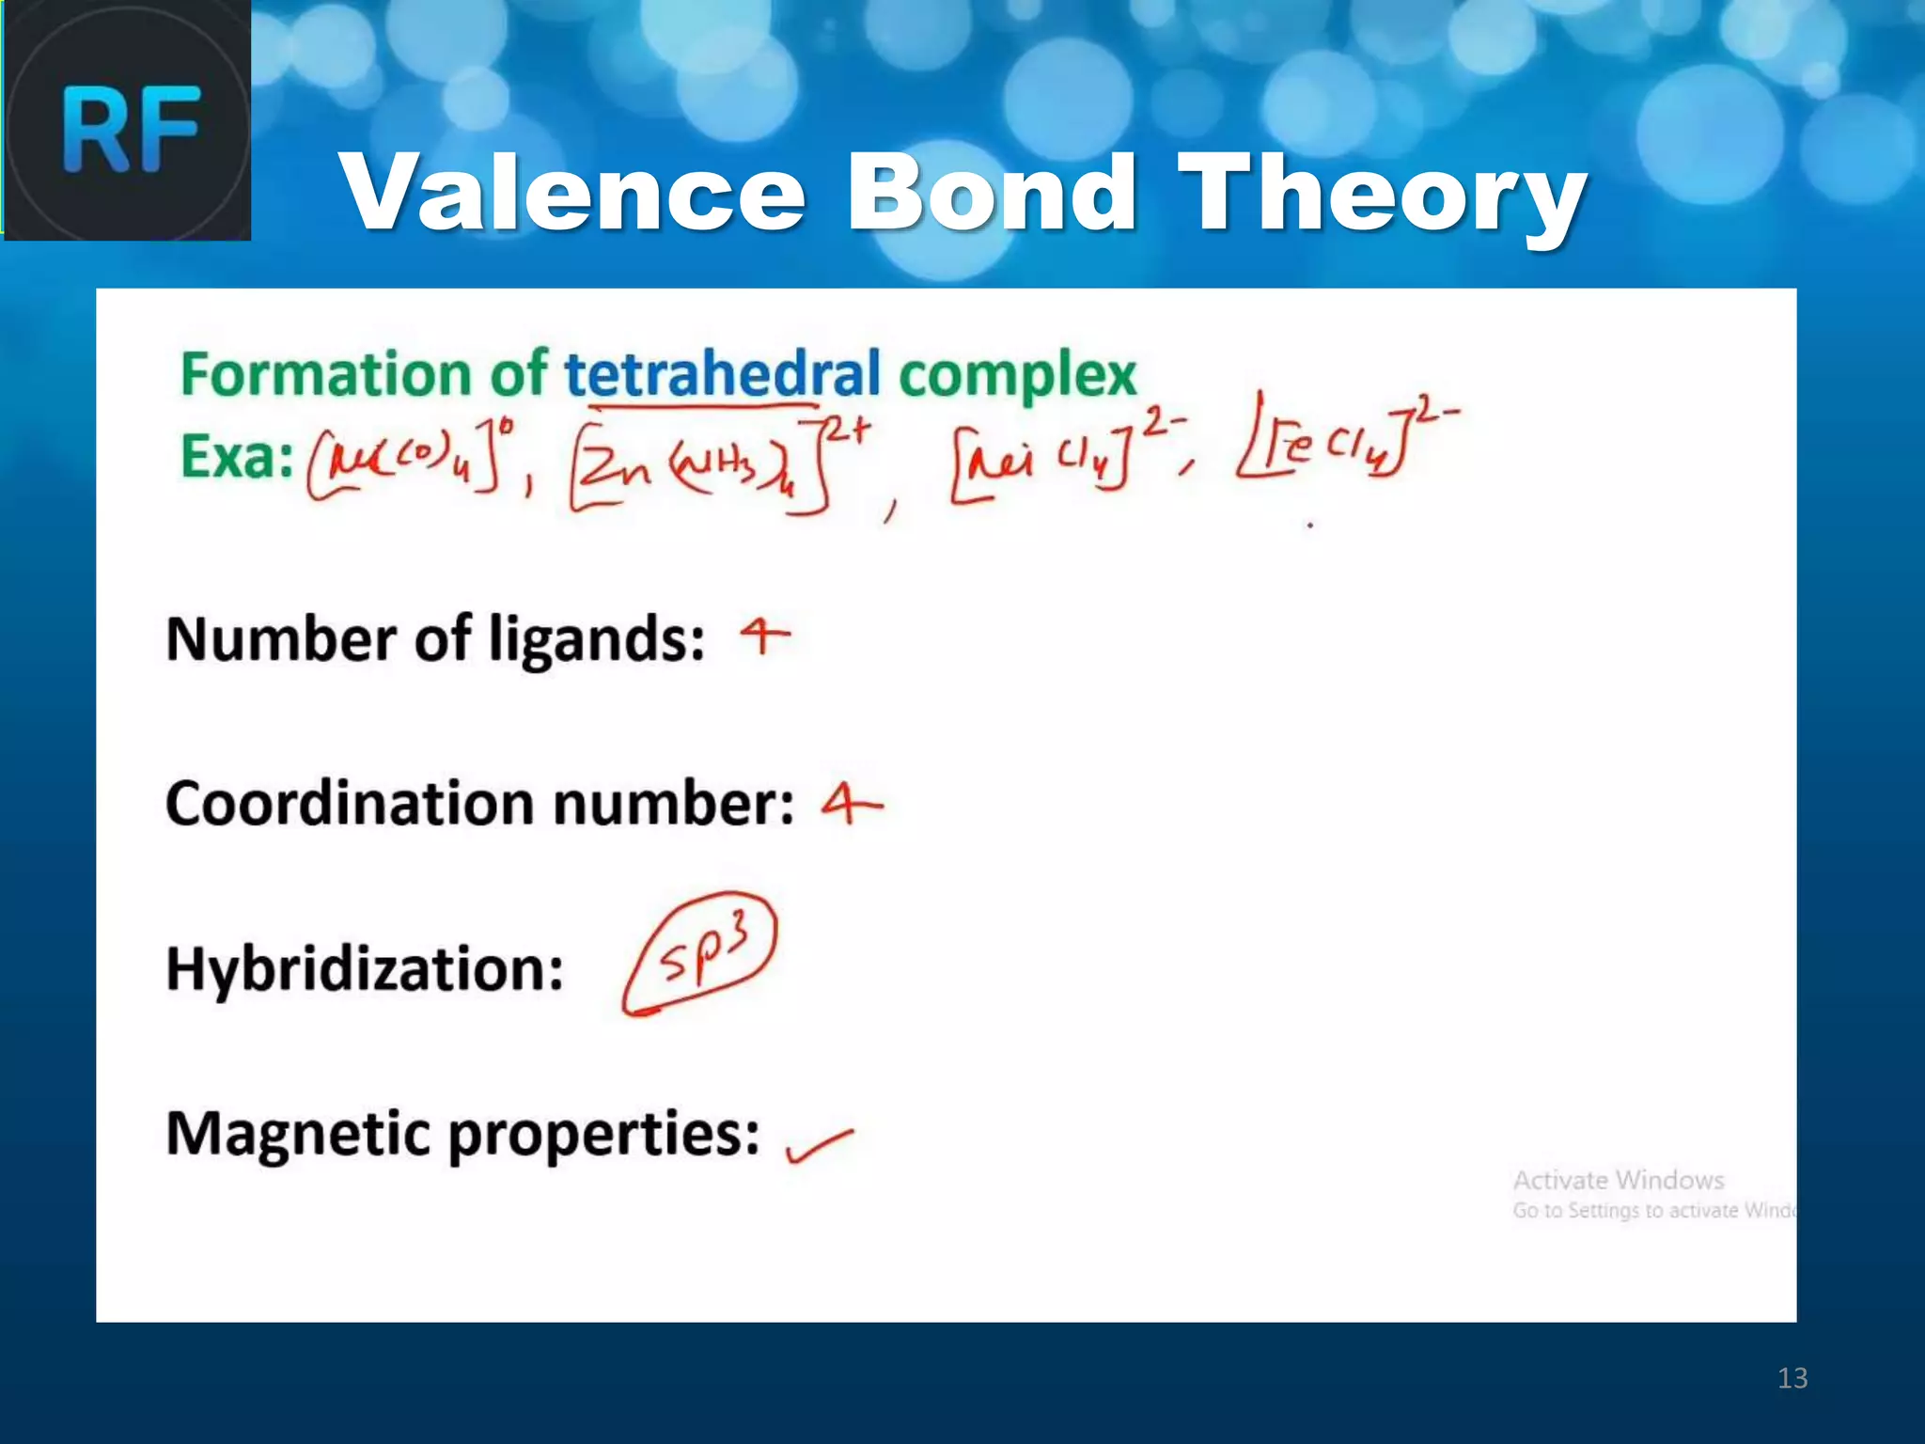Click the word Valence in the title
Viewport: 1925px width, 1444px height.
572,193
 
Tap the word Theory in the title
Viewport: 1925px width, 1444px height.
1382,193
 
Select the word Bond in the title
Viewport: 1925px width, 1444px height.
992,193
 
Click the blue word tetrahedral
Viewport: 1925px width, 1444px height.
722,374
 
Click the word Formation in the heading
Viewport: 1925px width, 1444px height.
325,374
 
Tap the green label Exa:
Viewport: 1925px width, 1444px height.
236,458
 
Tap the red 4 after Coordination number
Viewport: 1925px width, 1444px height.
851,805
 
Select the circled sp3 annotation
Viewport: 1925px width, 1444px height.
701,954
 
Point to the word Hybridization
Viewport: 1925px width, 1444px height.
365,969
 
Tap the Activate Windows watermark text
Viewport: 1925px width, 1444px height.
1618,1181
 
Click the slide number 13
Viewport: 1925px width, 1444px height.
1792,1378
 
